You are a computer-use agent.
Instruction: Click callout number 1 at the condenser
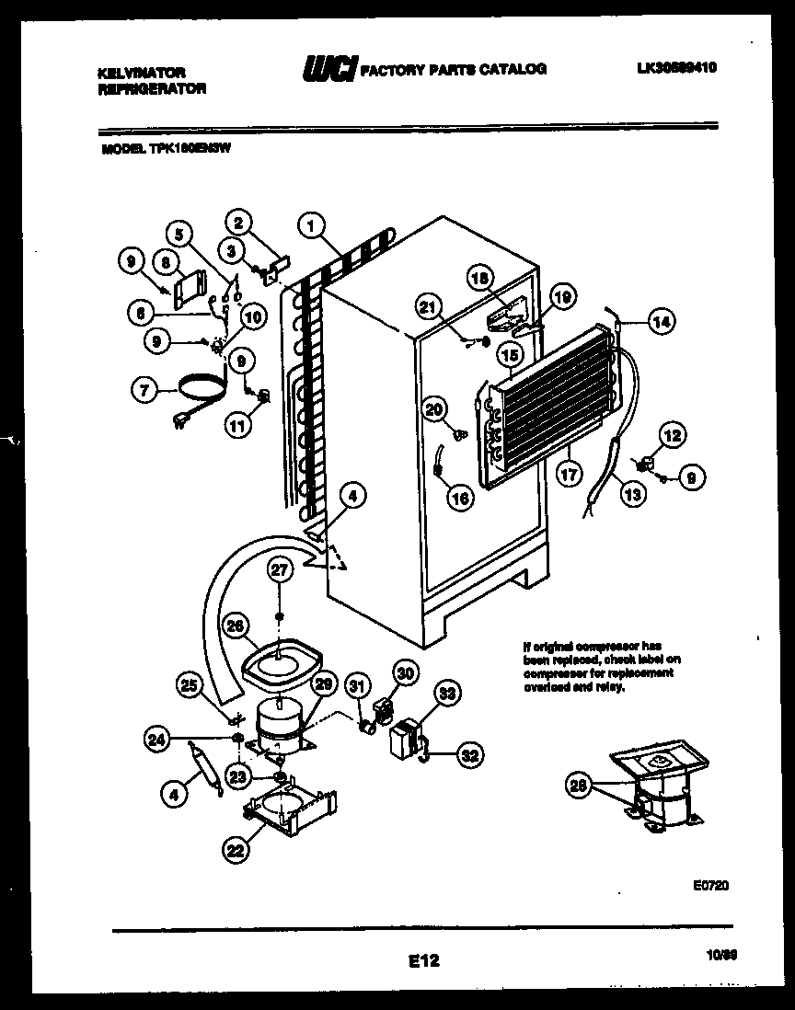coord(312,224)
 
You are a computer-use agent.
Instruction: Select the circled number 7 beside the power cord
coord(144,390)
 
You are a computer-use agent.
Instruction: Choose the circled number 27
coord(280,570)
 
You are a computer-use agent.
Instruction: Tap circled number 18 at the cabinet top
coord(479,278)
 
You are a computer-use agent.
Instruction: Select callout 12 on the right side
coord(673,435)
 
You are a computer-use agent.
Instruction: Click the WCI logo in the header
coord(328,69)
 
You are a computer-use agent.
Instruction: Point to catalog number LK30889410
coord(676,68)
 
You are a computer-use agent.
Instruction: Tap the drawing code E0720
coord(709,886)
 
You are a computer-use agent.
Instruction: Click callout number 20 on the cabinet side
coord(434,408)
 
